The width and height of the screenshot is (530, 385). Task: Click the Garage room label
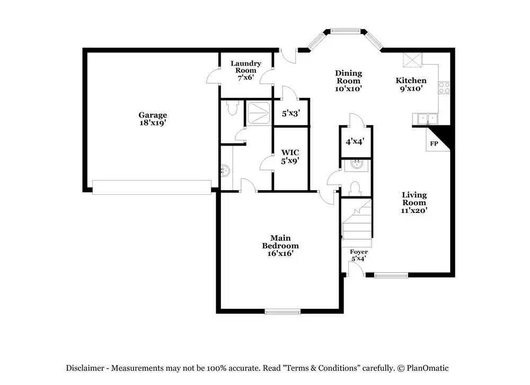[x=153, y=119]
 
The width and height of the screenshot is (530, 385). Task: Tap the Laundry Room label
[x=245, y=70]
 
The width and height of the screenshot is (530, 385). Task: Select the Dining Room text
[x=348, y=81]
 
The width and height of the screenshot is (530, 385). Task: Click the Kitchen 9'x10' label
[x=411, y=85]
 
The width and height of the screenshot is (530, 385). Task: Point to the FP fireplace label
[x=434, y=144]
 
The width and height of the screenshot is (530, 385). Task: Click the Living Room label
[x=413, y=202]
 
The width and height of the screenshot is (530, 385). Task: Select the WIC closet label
[x=290, y=157]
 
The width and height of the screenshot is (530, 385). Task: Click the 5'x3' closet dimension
[x=290, y=113]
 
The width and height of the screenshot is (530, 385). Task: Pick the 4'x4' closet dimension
[x=356, y=142]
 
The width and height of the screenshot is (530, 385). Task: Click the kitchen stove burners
[x=444, y=87]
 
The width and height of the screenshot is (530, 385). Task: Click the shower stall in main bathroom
[x=259, y=112]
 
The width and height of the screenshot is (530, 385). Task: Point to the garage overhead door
[x=152, y=187]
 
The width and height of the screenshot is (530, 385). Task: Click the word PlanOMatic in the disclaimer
[x=429, y=368]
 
